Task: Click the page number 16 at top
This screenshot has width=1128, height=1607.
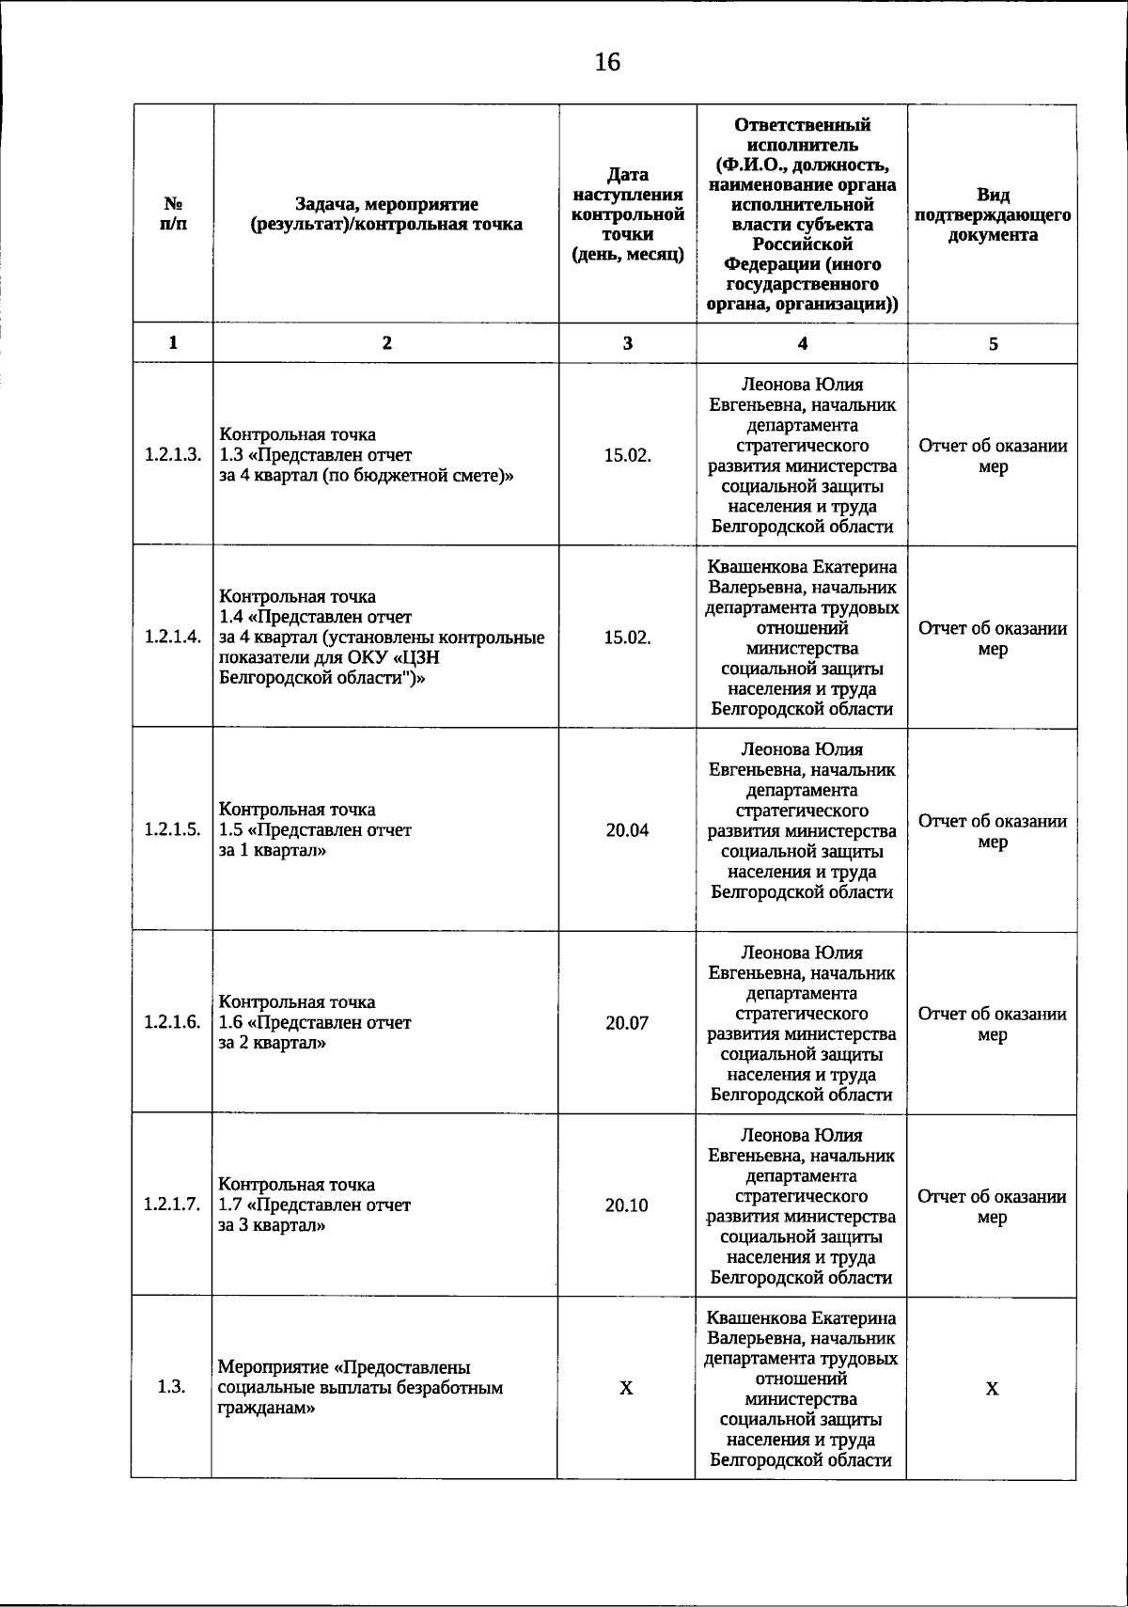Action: tap(607, 63)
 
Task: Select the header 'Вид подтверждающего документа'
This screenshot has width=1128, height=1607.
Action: tap(993, 214)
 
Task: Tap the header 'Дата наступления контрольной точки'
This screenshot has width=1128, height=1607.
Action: tap(628, 214)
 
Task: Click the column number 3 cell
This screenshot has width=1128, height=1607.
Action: tap(628, 343)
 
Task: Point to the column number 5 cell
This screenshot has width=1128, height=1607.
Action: tap(993, 344)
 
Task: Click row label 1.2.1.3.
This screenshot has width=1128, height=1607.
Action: tap(173, 455)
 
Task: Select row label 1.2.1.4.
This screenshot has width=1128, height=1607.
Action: tap(173, 638)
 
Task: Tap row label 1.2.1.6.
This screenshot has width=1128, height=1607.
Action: tap(173, 1022)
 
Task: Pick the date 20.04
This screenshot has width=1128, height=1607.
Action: tap(627, 830)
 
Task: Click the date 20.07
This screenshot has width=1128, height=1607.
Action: tap(627, 1023)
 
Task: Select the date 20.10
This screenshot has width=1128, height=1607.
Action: tap(627, 1205)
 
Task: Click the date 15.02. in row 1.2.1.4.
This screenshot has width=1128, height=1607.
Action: tap(627, 638)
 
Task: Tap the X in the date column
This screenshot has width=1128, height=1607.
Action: tap(626, 1389)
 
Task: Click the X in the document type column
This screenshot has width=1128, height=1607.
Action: tap(992, 1389)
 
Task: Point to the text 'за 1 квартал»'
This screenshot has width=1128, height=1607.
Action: tap(273, 851)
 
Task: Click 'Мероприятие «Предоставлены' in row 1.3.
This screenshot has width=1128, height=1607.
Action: tap(344, 1367)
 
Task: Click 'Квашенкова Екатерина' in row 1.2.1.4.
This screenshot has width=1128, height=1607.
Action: tap(802, 567)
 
